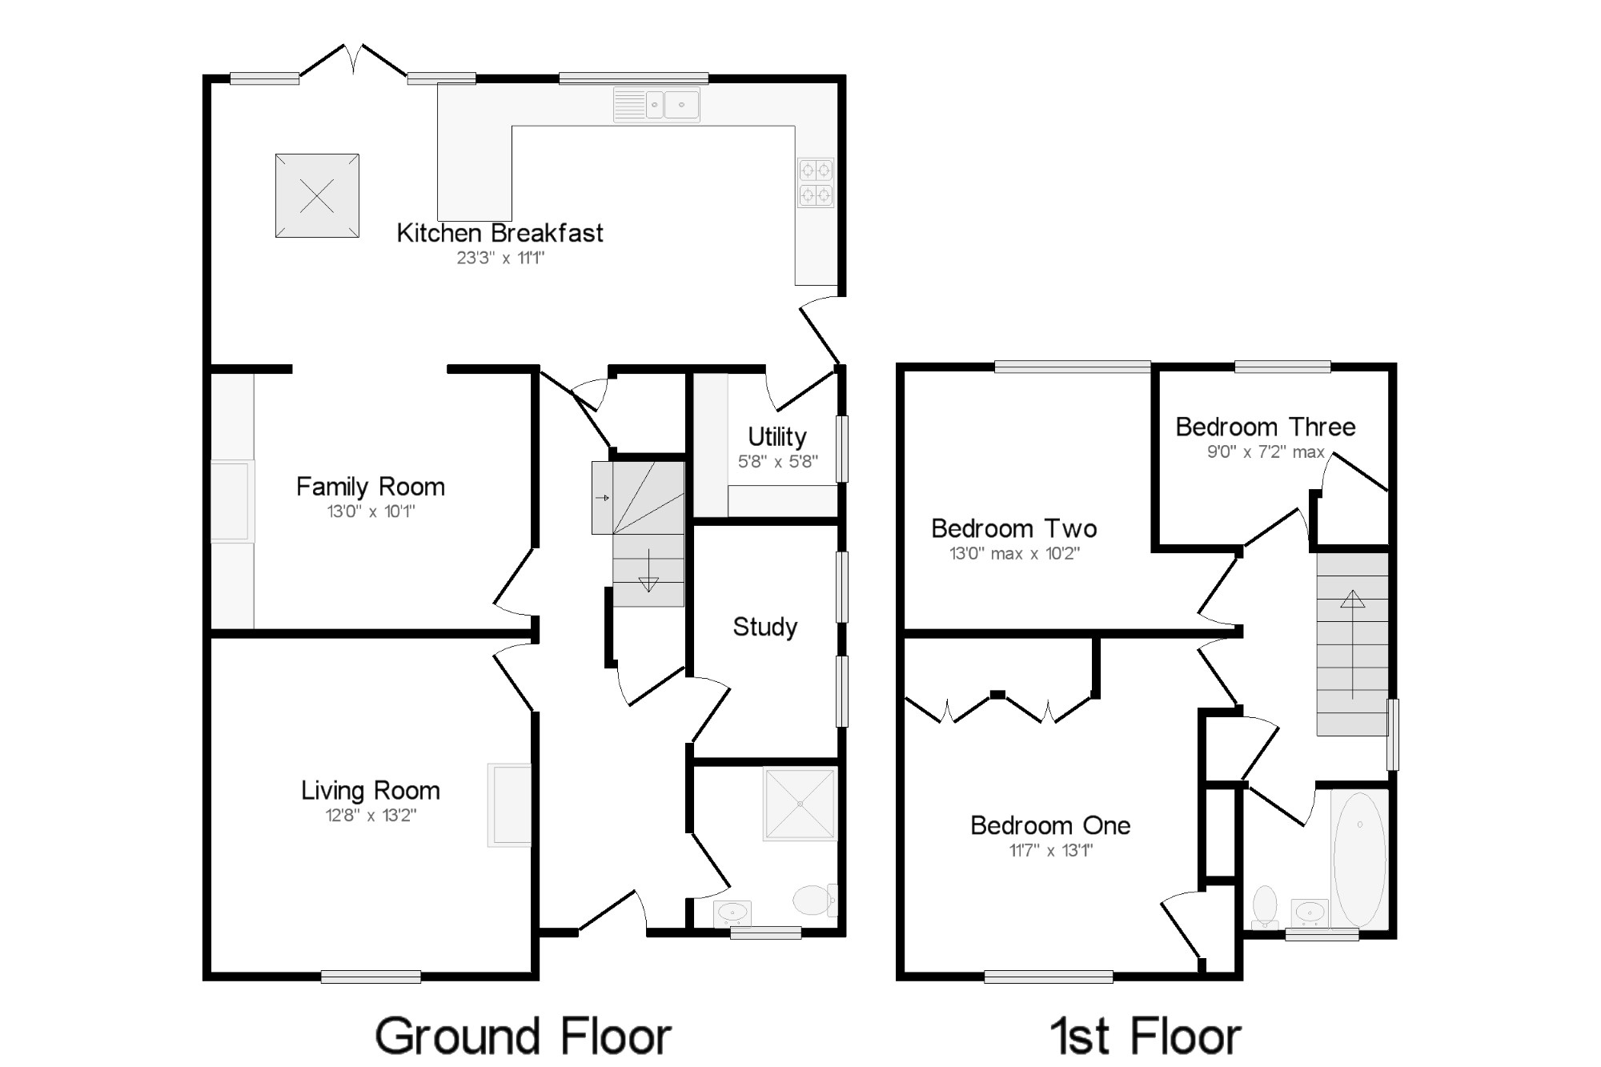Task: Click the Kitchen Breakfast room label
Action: coord(500,233)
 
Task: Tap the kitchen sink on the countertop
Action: coord(656,105)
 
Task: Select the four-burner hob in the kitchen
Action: coord(816,183)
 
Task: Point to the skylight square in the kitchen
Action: coord(317,195)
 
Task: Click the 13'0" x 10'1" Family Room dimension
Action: coord(371,511)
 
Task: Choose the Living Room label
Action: coord(371,791)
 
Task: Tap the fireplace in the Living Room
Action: coord(509,804)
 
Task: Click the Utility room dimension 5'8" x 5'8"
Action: coord(777,462)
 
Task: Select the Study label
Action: coord(765,627)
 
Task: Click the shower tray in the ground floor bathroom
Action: coord(800,804)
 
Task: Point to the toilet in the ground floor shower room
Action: coord(815,900)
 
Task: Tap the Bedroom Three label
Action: coord(1266,427)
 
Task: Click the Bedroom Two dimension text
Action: coord(1014,553)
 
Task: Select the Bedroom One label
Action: coord(1050,825)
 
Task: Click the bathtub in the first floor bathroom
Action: coord(1359,860)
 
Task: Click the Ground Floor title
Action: coord(523,1037)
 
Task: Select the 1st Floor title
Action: coord(1146,1037)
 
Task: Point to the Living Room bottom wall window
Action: coord(371,977)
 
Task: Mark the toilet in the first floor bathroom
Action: coord(1265,906)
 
